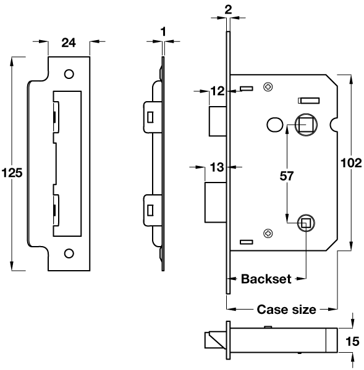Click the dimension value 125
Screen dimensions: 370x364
coord(12,173)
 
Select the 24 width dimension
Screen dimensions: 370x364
coord(69,43)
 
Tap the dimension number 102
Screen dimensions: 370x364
coord(350,163)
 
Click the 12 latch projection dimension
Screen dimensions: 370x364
coord(217,91)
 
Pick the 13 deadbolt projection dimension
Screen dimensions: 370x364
coord(217,166)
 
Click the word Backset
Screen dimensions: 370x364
coord(266,279)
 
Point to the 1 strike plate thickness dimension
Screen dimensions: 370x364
coord(163,30)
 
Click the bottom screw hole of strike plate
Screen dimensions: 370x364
coord(69,252)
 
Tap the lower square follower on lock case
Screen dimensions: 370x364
coord(305,223)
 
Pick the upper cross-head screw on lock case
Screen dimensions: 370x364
coord(268,87)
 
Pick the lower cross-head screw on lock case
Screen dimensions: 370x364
coord(268,234)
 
